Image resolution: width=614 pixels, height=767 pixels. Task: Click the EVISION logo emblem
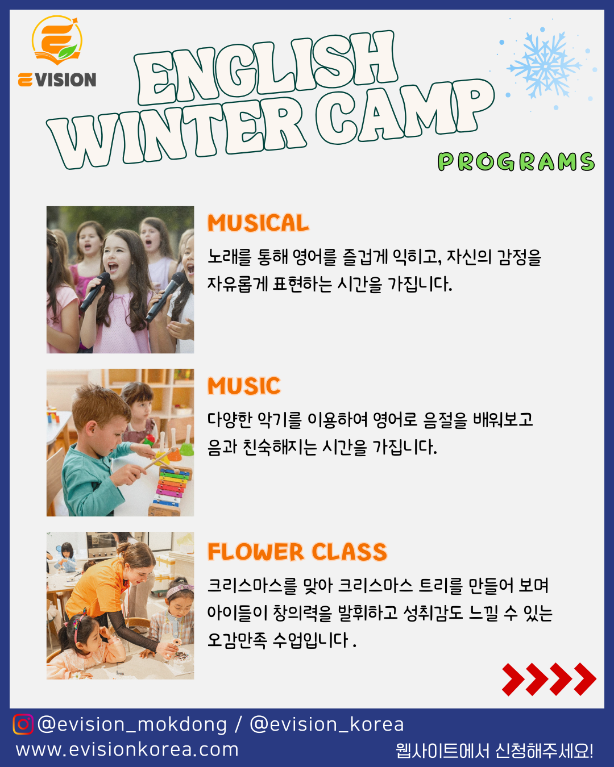[x=57, y=40]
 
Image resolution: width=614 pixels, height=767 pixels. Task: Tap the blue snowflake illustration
[x=544, y=65]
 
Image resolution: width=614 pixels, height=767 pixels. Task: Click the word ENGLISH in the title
[x=266, y=68]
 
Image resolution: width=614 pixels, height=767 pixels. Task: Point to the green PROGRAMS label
[x=516, y=161]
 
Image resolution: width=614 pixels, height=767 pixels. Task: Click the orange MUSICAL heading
[x=258, y=223]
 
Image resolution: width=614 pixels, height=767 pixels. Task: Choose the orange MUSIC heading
[x=244, y=386]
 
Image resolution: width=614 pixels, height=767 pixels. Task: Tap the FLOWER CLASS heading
[x=297, y=552]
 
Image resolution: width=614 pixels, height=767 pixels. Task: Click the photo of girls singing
[x=120, y=280]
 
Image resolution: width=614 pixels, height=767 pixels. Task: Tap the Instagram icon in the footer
[x=23, y=724]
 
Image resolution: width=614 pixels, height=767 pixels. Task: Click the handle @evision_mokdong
[x=132, y=724]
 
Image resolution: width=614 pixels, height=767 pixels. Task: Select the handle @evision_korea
[x=326, y=724]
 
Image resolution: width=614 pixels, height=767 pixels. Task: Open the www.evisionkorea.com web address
[x=127, y=749]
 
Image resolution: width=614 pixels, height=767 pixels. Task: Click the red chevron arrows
[x=549, y=680]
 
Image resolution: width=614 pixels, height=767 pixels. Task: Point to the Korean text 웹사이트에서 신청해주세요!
[x=495, y=751]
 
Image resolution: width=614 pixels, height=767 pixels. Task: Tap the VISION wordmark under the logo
[x=65, y=80]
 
